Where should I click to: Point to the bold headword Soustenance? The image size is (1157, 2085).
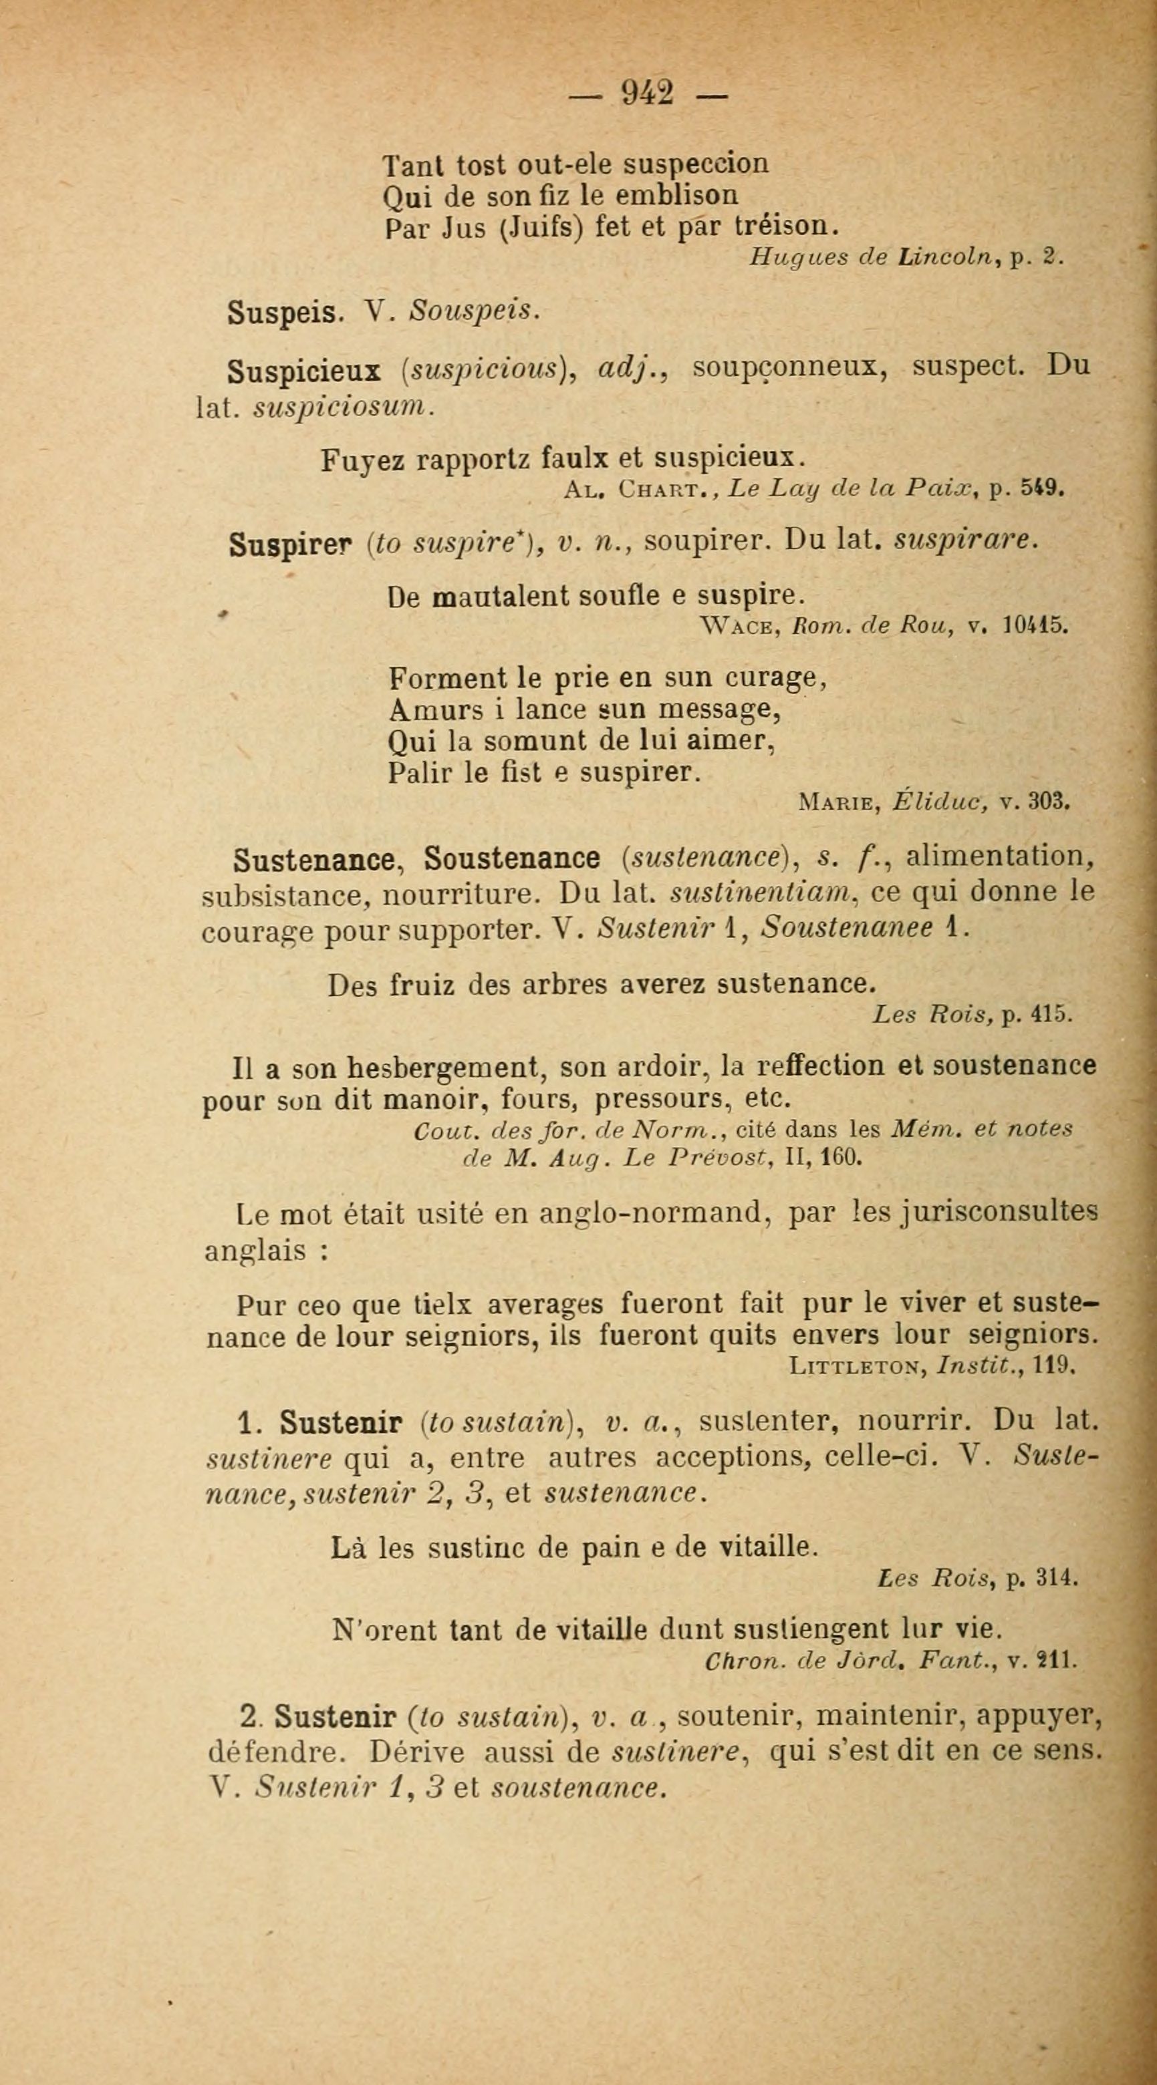512,858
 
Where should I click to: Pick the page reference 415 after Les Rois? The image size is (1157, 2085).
1053,1015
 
